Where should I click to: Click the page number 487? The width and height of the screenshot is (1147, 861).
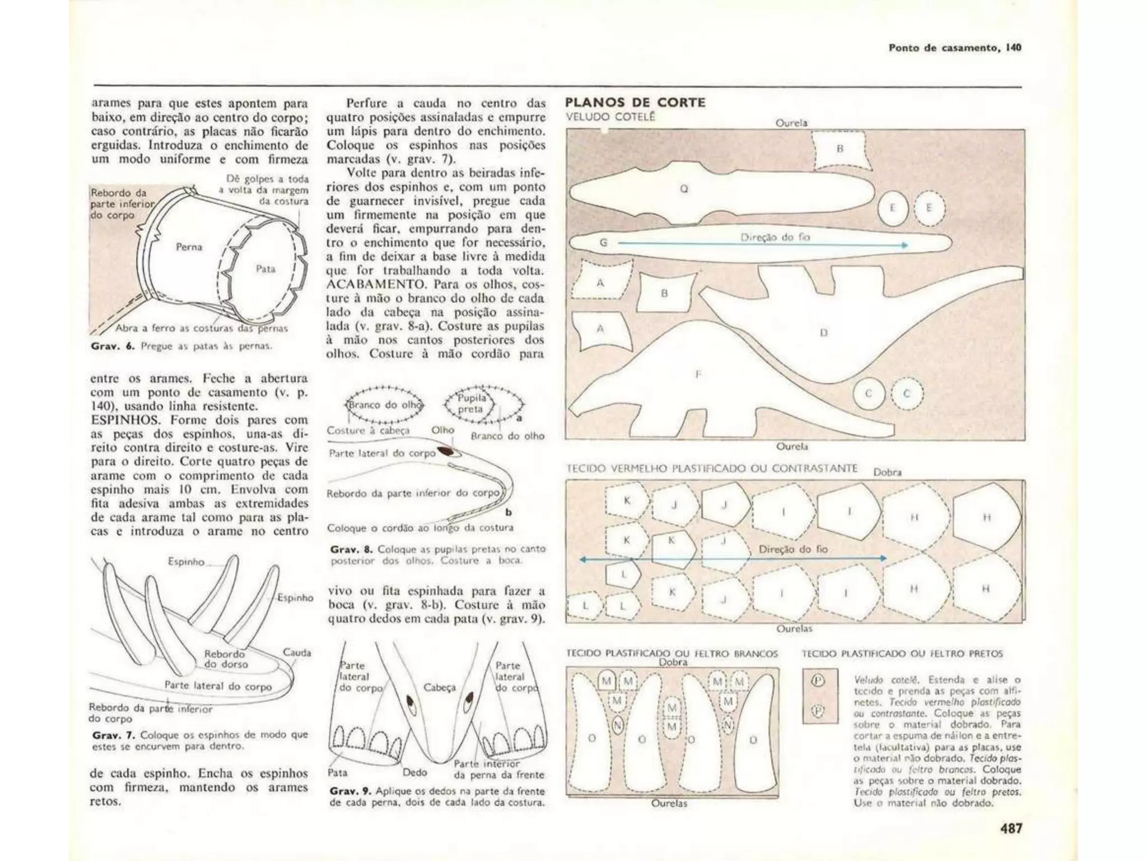point(1010,828)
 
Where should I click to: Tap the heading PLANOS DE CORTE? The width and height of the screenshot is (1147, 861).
point(635,103)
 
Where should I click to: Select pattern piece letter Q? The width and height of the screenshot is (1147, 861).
point(684,189)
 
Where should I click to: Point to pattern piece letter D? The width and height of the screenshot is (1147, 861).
point(823,332)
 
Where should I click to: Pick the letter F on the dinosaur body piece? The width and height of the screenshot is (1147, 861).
point(698,374)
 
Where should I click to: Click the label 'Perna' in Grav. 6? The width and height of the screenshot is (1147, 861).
point(189,247)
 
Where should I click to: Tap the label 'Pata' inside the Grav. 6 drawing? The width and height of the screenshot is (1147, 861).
point(265,269)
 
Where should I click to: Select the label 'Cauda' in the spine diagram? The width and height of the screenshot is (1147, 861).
point(297,652)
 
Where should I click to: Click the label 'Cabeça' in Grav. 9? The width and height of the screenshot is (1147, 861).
point(440,687)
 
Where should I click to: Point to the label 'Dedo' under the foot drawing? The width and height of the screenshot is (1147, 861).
point(415,772)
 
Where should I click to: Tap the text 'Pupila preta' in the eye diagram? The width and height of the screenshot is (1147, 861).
point(472,404)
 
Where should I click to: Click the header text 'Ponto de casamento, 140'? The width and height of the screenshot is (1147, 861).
point(955,48)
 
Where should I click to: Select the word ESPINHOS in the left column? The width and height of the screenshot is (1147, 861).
point(127,420)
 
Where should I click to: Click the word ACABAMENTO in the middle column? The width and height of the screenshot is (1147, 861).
point(371,284)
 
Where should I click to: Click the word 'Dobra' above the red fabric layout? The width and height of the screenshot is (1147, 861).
point(888,472)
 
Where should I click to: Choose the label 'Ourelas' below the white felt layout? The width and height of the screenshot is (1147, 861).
point(669,803)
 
